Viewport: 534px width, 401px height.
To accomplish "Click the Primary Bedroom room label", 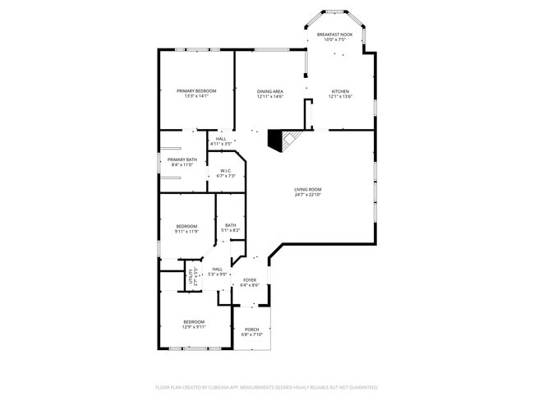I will click(196, 90).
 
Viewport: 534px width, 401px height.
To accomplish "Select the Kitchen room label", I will click(340, 91).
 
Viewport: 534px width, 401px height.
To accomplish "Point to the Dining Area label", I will click(269, 91).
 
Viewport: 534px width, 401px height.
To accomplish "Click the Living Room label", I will click(307, 189).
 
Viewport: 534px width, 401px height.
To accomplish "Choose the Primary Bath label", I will click(182, 159).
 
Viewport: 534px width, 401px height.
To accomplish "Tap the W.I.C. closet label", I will click(226, 170).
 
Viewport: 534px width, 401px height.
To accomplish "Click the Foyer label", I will click(250, 280).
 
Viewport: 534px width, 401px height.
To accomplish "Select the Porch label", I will click(251, 330).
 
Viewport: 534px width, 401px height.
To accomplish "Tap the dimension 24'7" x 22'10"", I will click(307, 195).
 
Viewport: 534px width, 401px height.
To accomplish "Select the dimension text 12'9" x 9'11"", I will click(194, 326).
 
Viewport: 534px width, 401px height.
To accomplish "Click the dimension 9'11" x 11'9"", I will click(186, 232).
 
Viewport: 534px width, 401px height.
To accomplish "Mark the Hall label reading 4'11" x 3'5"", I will click(221, 144).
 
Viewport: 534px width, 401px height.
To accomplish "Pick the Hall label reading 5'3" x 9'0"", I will click(217, 274).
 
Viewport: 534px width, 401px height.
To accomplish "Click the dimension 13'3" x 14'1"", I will click(196, 96).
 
